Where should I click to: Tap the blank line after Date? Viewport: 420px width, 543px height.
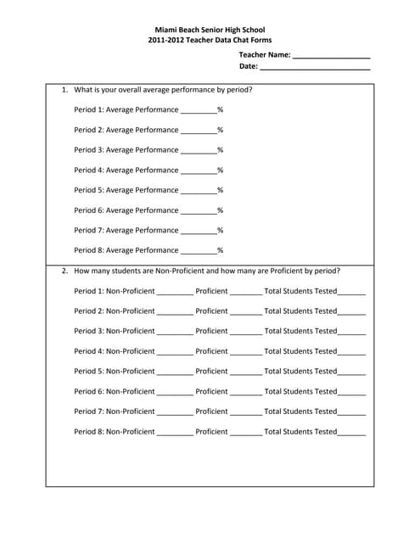click(315, 67)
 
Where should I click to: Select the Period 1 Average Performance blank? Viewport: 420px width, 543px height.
click(199, 111)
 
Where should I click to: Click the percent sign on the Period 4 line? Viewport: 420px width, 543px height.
click(220, 171)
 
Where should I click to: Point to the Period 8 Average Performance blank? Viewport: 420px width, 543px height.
click(199, 252)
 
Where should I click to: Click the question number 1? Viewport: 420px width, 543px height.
click(64, 89)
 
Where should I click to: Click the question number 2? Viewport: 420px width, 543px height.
click(64, 271)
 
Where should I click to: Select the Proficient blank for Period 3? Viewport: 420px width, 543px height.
click(246, 333)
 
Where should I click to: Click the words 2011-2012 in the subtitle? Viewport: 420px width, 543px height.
click(166, 41)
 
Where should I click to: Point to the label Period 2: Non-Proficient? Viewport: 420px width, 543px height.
click(115, 311)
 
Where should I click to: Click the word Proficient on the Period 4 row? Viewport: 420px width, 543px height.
click(211, 351)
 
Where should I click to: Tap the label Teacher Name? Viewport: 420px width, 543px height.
click(264, 54)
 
